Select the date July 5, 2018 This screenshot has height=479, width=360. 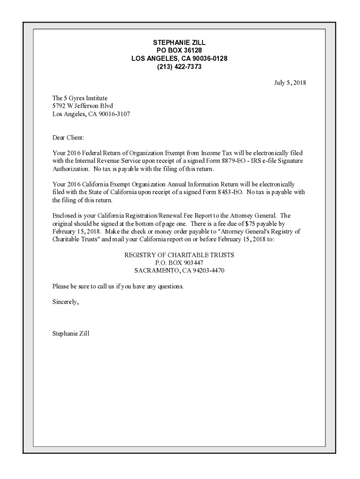pos(290,83)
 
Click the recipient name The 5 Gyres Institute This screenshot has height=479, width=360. pos(80,98)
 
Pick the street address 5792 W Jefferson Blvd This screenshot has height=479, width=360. pos(83,106)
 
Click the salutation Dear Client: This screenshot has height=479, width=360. pos(68,138)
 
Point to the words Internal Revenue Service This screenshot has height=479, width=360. pos(101,161)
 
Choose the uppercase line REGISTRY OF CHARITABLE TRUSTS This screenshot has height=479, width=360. pos(179,255)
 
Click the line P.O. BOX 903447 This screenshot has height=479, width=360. pos(179,263)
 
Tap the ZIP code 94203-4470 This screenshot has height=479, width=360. pos(206,271)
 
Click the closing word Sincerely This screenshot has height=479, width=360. pos(65,302)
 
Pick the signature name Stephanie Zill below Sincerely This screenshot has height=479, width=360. pos(71,334)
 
